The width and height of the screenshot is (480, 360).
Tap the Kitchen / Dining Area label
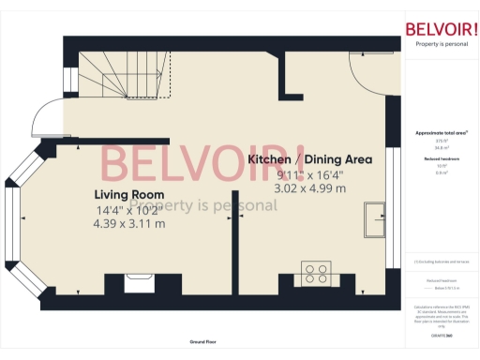click(309, 159)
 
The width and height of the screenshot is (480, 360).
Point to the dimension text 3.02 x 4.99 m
click(309, 187)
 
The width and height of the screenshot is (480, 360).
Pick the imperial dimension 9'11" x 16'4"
click(309, 173)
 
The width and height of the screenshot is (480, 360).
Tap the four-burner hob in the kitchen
click(316, 276)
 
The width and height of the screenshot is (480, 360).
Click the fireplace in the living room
click(141, 280)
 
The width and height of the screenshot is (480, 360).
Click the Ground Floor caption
click(197, 343)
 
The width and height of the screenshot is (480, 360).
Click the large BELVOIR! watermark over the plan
click(202, 164)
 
